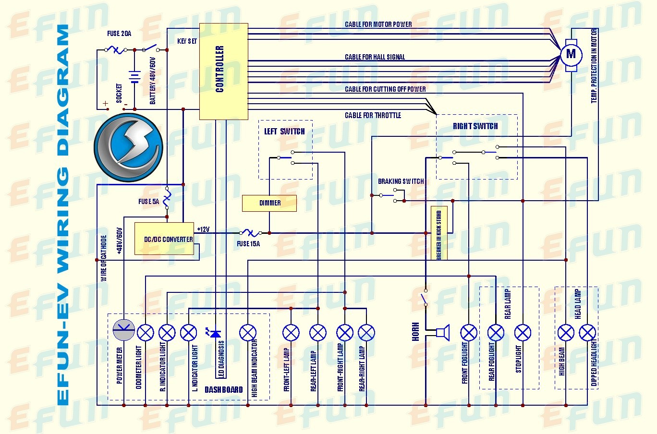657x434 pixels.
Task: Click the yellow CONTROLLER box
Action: coord(223,71)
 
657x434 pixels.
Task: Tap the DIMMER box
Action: coord(269,203)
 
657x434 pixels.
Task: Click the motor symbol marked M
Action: coord(571,54)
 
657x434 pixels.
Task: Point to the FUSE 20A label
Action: coord(119,34)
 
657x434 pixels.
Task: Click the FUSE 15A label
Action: coord(248,244)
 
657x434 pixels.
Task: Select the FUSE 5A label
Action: coord(148,202)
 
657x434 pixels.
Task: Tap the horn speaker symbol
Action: coord(442,332)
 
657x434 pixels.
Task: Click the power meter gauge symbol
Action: coord(124,332)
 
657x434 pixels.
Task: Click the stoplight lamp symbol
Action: coord(523,332)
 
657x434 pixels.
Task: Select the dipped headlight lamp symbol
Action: coord(587,332)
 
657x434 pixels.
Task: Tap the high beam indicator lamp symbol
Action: coord(248,332)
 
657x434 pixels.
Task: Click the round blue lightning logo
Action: coord(128,147)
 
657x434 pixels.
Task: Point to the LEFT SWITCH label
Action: coord(284,131)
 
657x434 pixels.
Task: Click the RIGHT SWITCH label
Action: coord(475,126)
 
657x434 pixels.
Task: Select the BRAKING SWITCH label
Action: coord(401,181)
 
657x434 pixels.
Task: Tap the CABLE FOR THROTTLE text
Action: coord(373,115)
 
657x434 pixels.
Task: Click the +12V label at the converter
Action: coord(203,229)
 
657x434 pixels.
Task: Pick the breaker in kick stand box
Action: coord(439,233)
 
